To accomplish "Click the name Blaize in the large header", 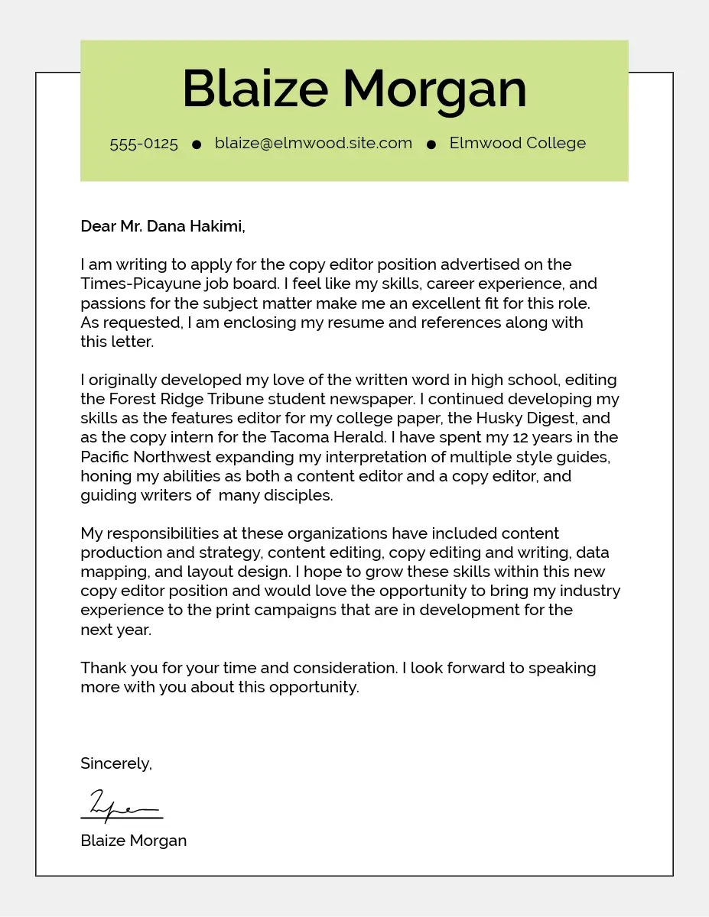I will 255,89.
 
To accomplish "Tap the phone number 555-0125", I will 144,144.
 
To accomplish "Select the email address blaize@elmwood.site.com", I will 314,143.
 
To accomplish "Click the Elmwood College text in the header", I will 518,143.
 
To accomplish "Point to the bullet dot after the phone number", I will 197,144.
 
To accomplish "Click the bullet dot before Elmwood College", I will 431,144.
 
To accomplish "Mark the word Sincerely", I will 116,763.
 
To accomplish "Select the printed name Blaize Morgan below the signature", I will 134,841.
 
